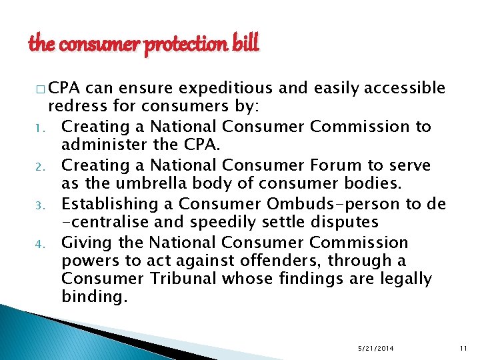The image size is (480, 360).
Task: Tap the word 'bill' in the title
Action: tap(244, 44)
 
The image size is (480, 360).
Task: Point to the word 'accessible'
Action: tap(404, 88)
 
